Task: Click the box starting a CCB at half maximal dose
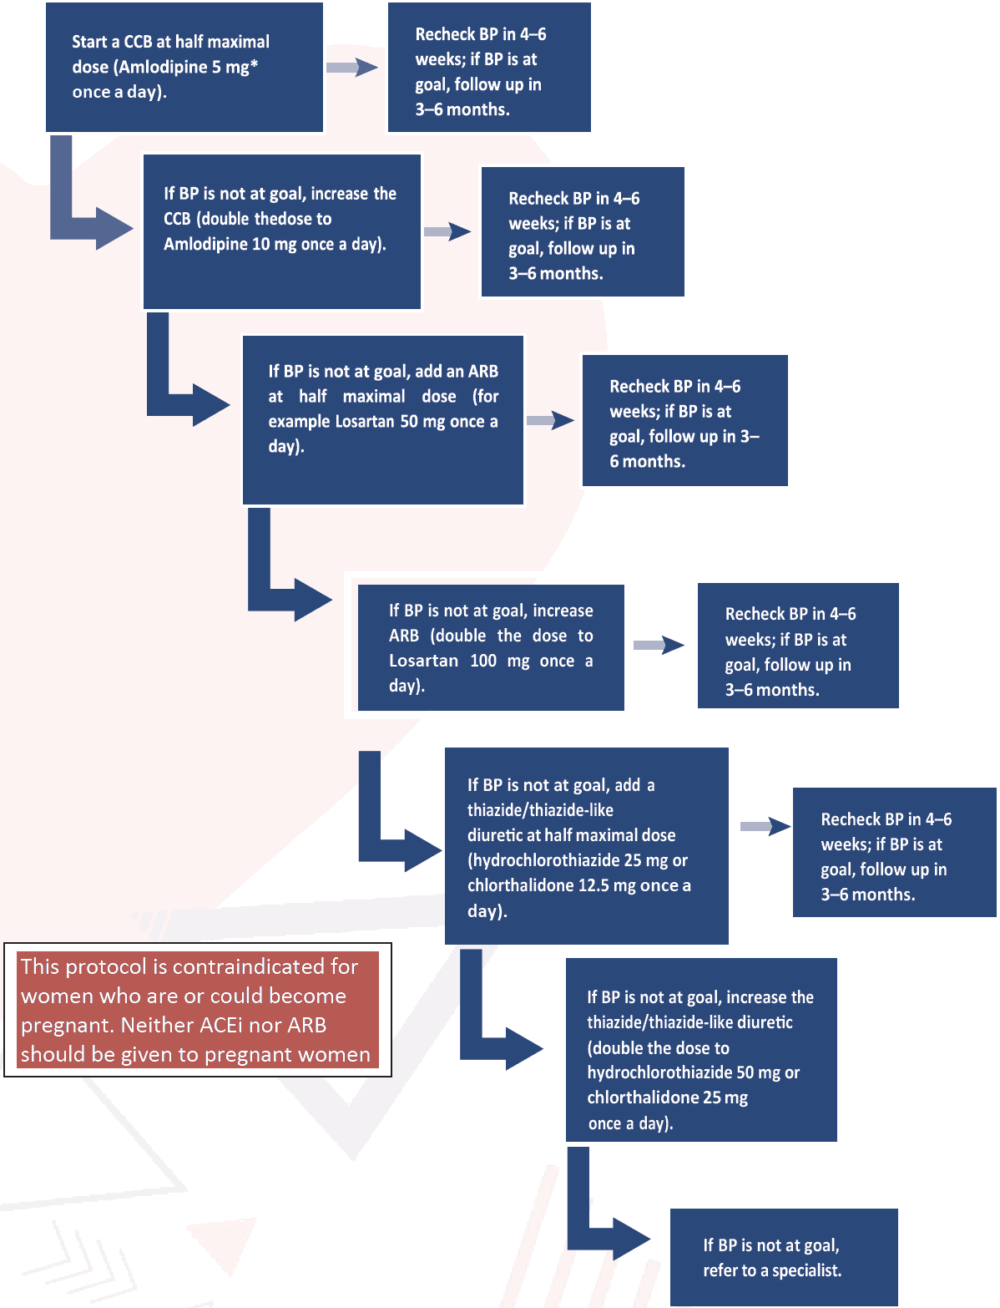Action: pyautogui.click(x=184, y=67)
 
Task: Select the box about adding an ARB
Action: pyautogui.click(x=382, y=419)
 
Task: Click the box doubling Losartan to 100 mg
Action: pyautogui.click(x=490, y=647)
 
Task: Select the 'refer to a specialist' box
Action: pyautogui.click(x=783, y=1257)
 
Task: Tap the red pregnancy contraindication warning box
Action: pyautogui.click(x=198, y=1011)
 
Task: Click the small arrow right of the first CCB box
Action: pyautogui.click(x=351, y=68)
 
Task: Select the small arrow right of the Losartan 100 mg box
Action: pyautogui.click(x=658, y=645)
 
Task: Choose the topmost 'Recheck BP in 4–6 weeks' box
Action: pyautogui.click(x=488, y=68)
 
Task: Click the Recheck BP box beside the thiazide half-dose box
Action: pyautogui.click(x=893, y=852)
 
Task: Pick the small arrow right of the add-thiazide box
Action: pyautogui.click(x=765, y=827)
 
